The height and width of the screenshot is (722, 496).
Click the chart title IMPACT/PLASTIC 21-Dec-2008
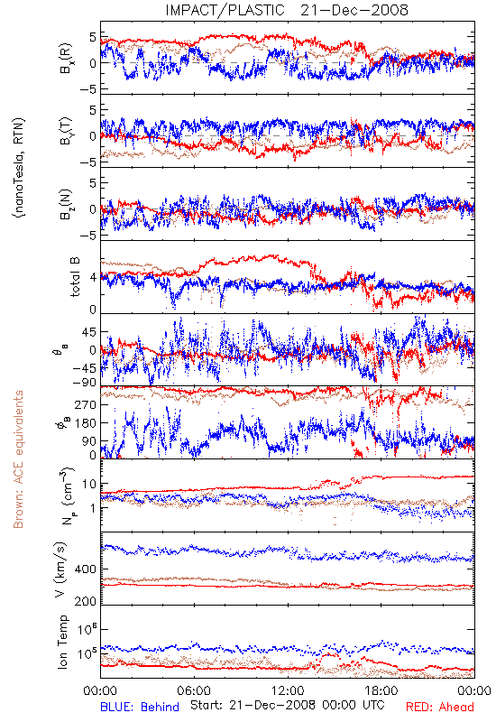[287, 10]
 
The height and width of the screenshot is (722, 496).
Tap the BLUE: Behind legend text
[140, 707]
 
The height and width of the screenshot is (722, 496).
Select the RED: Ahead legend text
[440, 707]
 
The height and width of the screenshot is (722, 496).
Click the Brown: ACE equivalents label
[18, 459]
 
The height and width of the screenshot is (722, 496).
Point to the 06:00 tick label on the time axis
[194, 690]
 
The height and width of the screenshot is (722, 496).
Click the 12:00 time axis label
[288, 690]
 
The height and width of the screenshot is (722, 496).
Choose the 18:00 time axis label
[381, 690]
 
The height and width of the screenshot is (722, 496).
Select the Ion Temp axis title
[62, 642]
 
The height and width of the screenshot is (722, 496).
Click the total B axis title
[75, 277]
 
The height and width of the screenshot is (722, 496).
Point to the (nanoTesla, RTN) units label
[19, 168]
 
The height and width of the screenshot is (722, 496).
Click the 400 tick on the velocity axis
[86, 569]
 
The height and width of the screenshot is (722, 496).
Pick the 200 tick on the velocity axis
[86, 601]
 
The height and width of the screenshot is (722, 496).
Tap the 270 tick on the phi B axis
[86, 404]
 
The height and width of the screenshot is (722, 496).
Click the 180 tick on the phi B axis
[86, 423]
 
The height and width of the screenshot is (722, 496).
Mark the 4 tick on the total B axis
[93, 278]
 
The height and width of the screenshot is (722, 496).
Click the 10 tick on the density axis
[89, 485]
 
